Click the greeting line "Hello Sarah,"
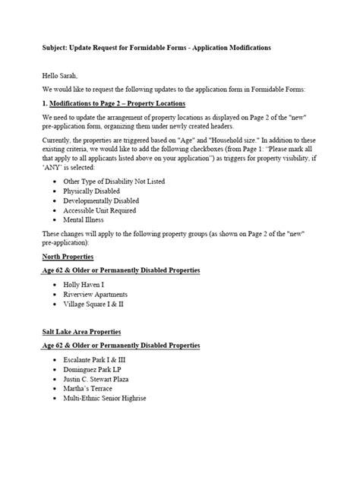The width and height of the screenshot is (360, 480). [60, 76]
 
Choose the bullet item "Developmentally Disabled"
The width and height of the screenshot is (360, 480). [100, 201]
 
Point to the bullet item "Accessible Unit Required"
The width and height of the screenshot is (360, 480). [100, 211]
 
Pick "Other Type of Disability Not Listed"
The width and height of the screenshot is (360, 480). [114, 182]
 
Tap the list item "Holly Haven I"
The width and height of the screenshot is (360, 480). [85, 284]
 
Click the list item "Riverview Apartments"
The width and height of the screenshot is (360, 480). [96, 294]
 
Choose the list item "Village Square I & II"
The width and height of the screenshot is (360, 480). [93, 304]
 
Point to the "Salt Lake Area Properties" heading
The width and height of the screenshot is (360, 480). [81, 331]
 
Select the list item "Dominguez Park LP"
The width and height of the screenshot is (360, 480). [92, 368]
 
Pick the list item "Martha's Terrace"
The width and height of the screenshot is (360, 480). [89, 388]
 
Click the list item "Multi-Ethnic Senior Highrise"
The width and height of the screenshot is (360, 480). [106, 398]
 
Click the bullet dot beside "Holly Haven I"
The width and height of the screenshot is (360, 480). [56, 284]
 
